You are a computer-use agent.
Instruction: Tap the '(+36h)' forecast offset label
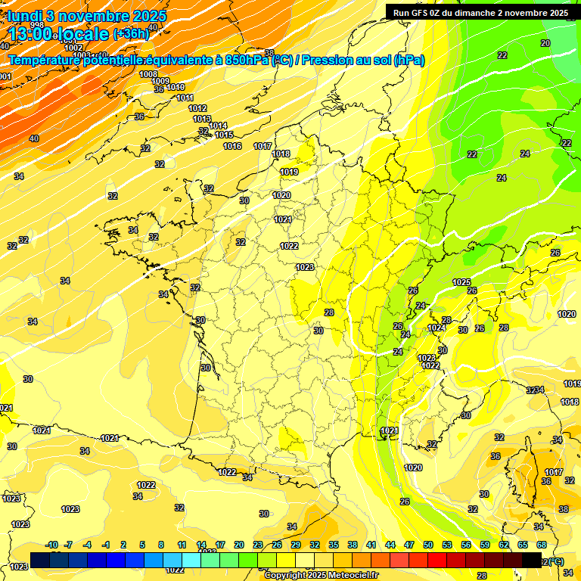[x=131, y=33]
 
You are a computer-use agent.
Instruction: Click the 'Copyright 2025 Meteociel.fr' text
[x=321, y=575]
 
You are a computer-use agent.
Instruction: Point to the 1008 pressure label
[x=148, y=74]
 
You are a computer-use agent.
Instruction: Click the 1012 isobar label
[x=197, y=108]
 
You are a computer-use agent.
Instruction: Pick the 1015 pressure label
[x=224, y=135]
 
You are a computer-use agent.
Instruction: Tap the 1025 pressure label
[x=461, y=282]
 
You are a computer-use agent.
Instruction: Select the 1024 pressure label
[x=436, y=328]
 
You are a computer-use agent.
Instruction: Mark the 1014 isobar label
[x=218, y=126]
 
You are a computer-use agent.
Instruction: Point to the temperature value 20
[x=545, y=43]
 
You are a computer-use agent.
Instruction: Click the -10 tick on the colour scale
[x=52, y=545]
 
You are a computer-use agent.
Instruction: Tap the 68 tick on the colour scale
[x=542, y=545]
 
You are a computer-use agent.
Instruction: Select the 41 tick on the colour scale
[x=371, y=545]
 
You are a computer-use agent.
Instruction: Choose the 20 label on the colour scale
[x=238, y=545]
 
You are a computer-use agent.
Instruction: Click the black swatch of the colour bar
[x=532, y=561]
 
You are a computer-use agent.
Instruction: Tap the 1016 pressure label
[x=233, y=146]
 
